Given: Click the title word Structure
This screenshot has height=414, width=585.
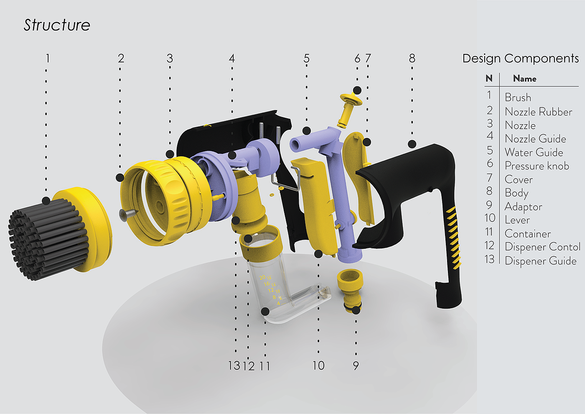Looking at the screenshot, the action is (x=57, y=25).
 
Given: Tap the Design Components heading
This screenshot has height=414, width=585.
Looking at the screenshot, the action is (x=521, y=59).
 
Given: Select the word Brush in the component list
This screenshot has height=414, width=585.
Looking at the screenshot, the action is (x=518, y=97).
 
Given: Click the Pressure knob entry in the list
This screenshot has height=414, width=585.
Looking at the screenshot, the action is (x=537, y=166).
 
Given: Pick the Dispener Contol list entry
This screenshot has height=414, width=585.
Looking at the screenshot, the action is (x=542, y=247).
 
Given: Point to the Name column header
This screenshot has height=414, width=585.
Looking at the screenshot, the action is (x=525, y=79).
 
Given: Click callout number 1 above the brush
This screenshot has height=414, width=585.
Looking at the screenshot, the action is (x=48, y=58).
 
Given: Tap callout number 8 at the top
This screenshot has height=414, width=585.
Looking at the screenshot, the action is (x=412, y=58).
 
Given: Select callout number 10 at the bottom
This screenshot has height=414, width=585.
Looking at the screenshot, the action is (x=318, y=365).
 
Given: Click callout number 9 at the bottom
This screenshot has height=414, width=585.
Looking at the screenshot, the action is (x=356, y=365).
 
